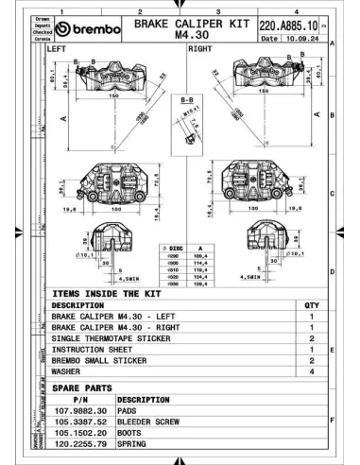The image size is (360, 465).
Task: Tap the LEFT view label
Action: pos(59,46)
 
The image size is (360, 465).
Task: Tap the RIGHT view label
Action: pos(199,46)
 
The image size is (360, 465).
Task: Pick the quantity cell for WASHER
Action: pos(311,371)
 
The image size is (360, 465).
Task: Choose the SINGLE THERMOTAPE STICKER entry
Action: pos(114,336)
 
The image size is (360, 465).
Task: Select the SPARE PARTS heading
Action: pos(85,387)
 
